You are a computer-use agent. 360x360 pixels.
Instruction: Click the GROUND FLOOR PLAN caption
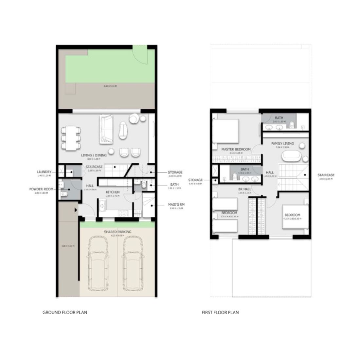pos(65,312)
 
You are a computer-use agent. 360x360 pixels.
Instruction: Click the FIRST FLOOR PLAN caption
pos(220,312)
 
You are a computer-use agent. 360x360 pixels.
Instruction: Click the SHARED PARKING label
pos(117,232)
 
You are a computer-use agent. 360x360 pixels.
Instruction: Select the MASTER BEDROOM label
pos(236,149)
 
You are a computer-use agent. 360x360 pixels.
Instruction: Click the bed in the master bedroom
pos(226,131)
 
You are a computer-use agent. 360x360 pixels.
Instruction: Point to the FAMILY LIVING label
pos(282,143)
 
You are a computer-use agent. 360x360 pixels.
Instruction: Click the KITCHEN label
pos(112,192)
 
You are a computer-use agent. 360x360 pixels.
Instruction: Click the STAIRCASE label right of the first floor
pos(326,175)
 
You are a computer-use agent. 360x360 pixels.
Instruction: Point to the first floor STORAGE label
pos(196,180)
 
